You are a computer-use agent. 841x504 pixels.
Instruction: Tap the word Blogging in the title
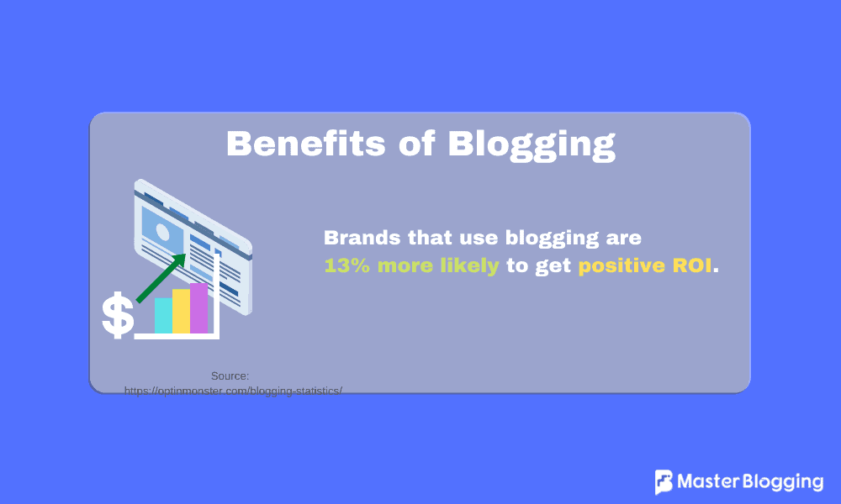(x=532, y=144)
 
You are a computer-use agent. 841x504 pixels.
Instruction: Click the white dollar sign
(x=117, y=316)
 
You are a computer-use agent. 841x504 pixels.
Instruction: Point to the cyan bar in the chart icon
(x=163, y=315)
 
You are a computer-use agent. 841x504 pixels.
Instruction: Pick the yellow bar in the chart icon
(x=181, y=311)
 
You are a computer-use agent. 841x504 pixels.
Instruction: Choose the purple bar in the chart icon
(x=198, y=308)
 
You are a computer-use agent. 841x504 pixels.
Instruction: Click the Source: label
(x=230, y=376)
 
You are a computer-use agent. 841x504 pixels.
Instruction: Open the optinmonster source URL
(x=233, y=391)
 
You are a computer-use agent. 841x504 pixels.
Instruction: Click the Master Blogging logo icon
(x=664, y=482)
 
